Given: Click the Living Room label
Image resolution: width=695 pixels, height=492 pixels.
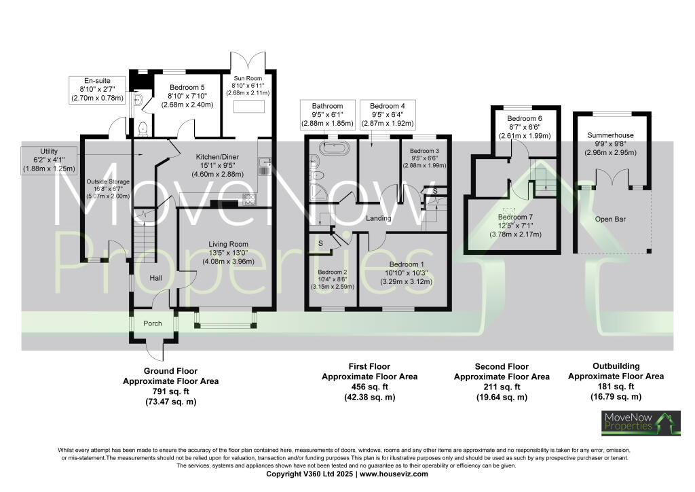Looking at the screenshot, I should (x=228, y=244).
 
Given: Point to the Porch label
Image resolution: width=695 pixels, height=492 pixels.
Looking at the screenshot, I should (x=153, y=323).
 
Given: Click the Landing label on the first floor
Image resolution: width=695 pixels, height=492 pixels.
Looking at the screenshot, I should (x=379, y=218).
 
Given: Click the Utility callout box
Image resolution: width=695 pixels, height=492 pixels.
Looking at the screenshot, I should (x=48, y=159).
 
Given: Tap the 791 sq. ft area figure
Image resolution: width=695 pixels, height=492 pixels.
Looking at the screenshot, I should (x=170, y=391).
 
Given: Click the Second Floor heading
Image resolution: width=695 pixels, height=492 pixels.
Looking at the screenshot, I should (x=502, y=367).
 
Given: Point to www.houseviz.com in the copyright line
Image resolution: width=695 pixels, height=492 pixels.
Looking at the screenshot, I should (x=394, y=474).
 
